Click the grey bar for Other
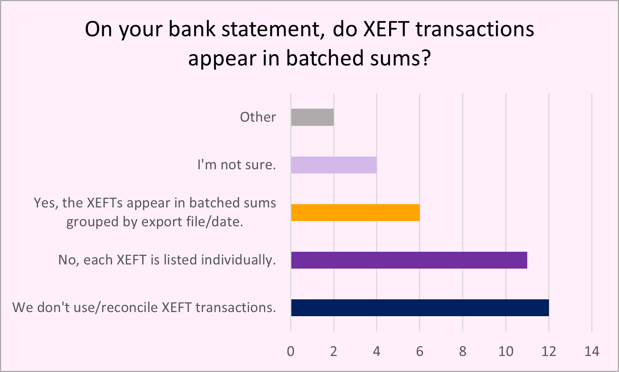pos(312,117)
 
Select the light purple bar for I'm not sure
pos(334,165)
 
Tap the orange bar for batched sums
pos(355,212)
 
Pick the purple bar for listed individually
pos(409,260)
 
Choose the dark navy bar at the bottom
pos(420,308)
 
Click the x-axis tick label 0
pos(291,351)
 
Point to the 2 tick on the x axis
pos(334,351)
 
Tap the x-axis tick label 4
pos(377,351)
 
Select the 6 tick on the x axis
pos(420,351)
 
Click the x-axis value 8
pos(463,351)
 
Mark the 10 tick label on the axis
pos(506,351)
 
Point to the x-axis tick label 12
pos(549,351)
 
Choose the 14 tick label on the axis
pos(592,351)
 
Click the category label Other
pos(258,117)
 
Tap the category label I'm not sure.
pos(237,165)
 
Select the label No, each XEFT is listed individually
pos(167,260)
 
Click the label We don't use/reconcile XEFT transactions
pos(144,308)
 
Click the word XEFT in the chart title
pos(386,29)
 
